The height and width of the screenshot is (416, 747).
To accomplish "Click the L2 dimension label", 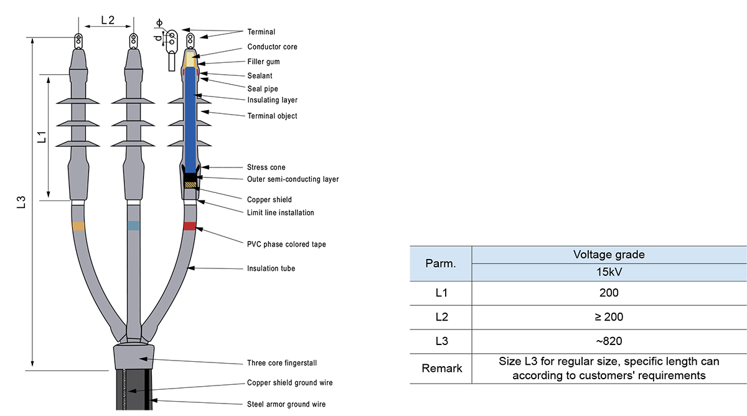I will pos(107,20).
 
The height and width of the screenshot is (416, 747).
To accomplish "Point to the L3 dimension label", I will pos(21,202).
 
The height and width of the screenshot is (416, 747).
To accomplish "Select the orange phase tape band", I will pos(78,226).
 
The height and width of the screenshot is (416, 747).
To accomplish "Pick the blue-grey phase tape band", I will pos(133,225).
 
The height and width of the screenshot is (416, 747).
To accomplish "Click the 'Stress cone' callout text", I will pos(266,168).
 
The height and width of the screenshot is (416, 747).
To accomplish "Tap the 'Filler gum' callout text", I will pos(263,62).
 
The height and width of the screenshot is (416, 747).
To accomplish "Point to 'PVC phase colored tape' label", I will pos(286,244).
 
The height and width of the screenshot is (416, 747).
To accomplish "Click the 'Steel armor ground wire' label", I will pos(286,404).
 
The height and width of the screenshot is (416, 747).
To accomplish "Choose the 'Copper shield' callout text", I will pos(269,200).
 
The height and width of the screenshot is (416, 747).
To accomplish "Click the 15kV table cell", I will pos(608,273).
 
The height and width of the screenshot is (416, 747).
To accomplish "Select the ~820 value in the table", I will pos(608,341).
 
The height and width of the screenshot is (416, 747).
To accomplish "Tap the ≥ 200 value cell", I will pos(608,317).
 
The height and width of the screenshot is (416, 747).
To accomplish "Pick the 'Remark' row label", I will pos(442,368).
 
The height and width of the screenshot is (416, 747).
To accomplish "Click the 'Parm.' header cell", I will pos(441,263).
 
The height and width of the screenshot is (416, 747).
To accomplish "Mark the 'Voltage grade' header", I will pos(608,255).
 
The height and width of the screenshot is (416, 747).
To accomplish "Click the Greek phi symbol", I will pos(159,22).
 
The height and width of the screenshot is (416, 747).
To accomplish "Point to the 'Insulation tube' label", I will pos(271,268).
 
